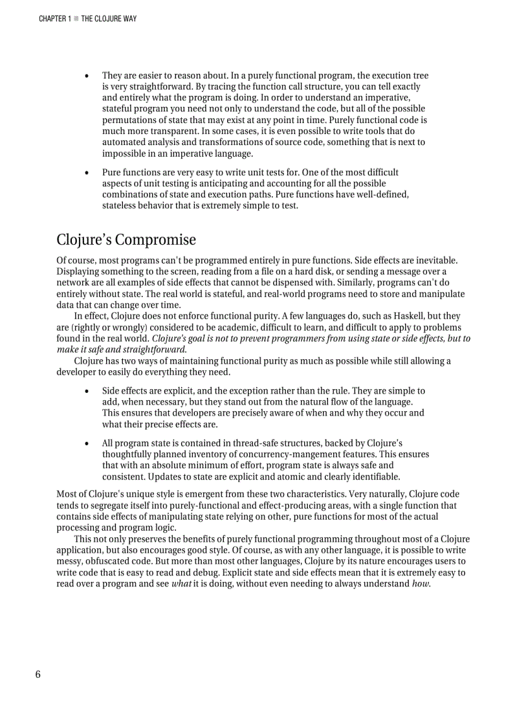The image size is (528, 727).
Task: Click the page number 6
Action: point(38,675)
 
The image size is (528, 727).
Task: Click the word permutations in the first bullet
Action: point(131,120)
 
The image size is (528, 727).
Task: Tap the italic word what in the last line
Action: point(181,584)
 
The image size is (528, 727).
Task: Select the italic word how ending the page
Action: point(421,584)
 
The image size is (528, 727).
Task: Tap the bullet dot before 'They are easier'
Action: point(87,76)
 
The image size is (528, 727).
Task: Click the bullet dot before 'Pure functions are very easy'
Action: point(87,173)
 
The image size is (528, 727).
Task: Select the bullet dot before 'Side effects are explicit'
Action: point(87,392)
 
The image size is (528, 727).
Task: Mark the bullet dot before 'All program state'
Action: point(87,444)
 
